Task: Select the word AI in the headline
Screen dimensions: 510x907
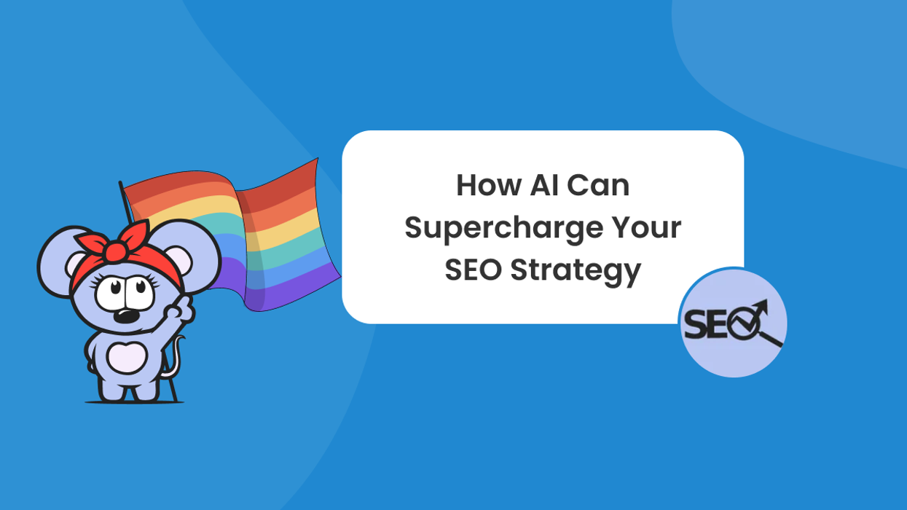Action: tap(541, 186)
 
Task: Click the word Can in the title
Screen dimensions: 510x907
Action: tap(599, 186)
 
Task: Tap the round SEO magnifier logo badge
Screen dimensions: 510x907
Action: tap(734, 323)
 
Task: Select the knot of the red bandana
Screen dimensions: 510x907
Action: tap(114, 251)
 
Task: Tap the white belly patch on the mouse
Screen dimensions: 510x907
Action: tap(127, 358)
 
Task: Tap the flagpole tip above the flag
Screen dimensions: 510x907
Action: tap(120, 184)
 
